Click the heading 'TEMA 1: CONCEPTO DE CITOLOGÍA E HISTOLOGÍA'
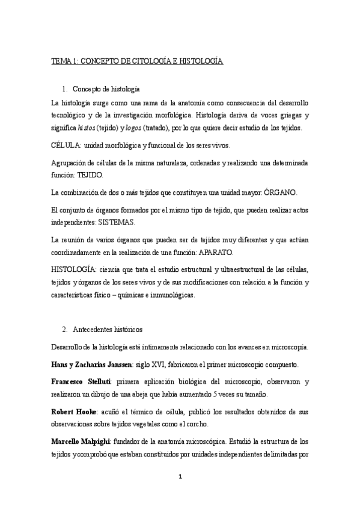click(137, 61)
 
